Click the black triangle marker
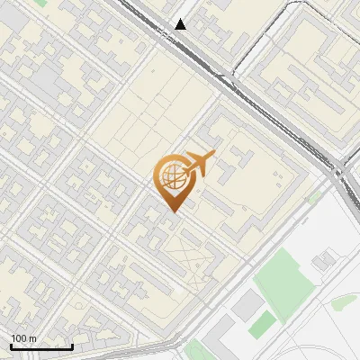[x=181, y=24]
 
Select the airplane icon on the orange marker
[x=198, y=165]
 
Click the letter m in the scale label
[x=33, y=339]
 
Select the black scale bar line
[x=41, y=346]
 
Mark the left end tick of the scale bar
[x=12, y=345]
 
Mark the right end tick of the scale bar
[x=72, y=345]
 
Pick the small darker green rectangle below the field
[x=263, y=323]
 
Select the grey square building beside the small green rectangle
[x=244, y=306]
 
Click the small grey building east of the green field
[x=323, y=260]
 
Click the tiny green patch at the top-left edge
[x=40, y=3]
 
